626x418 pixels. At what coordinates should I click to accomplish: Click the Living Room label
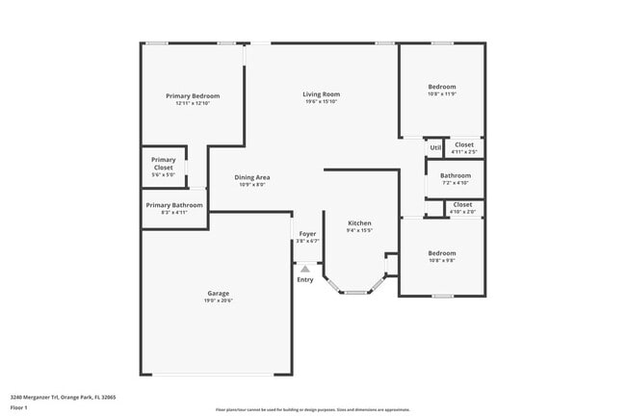coord(322,94)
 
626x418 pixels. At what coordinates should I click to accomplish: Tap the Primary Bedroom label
coord(193,96)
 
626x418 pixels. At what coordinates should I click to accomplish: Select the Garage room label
coord(218,293)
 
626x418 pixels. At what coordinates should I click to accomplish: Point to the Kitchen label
coord(359,223)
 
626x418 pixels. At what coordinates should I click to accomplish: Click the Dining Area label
coord(252,177)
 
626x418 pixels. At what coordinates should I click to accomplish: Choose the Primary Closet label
coord(164,164)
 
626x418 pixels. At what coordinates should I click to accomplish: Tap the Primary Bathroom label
coord(174,205)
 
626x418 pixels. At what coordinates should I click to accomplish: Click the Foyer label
coord(307,234)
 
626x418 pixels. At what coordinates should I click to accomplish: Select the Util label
coord(435,147)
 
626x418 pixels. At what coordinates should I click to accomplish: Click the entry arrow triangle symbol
coord(305,270)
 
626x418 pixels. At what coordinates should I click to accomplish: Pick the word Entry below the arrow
coord(305,280)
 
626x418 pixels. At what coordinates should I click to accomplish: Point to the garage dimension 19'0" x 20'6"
coord(218,300)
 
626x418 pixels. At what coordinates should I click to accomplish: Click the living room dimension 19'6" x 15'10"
coord(322,102)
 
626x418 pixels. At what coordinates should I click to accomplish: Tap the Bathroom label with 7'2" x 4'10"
coord(456,175)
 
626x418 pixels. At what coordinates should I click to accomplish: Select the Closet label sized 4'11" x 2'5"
coord(464,144)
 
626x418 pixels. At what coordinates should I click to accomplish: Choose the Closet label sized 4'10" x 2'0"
coord(462,204)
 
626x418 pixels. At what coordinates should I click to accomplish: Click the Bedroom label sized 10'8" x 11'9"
coord(442,87)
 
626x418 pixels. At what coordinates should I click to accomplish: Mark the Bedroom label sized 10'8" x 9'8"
coord(442,253)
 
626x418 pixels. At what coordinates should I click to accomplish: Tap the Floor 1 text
coord(19,407)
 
